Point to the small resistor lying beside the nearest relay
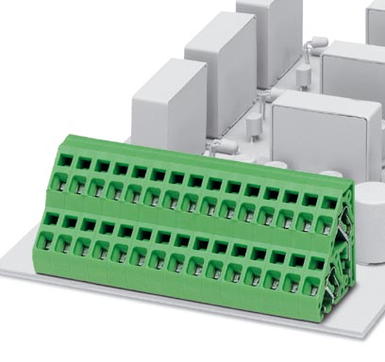224,146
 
